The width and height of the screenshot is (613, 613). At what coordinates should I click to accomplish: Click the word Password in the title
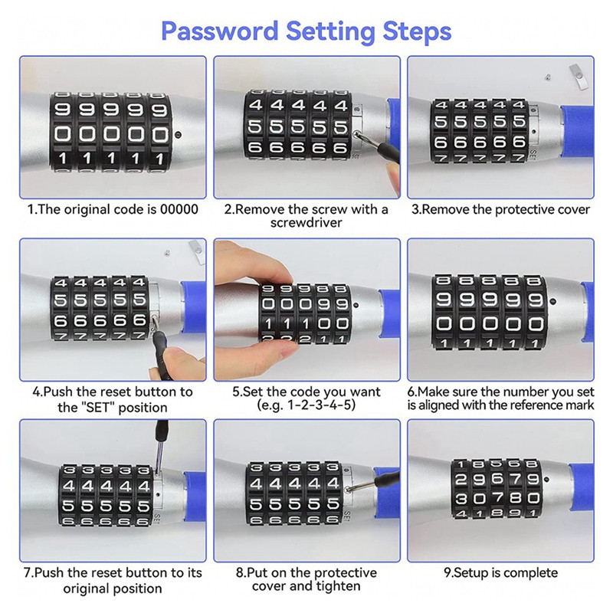tap(219, 31)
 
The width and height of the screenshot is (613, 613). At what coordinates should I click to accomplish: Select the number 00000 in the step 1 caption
tap(179, 209)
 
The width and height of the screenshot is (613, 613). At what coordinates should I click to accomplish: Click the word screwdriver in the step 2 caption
tap(306, 222)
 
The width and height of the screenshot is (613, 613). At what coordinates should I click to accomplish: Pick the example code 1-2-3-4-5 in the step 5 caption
tap(321, 405)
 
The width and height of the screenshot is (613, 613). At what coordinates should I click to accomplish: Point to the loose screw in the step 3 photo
tap(549, 78)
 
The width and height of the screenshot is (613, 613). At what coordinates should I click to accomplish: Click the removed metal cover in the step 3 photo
tap(579, 77)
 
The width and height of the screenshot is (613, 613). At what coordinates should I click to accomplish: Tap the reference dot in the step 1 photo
tap(179, 135)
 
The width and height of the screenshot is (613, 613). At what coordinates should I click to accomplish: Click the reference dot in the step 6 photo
tap(552, 302)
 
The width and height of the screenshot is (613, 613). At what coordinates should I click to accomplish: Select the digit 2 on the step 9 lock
tap(461, 480)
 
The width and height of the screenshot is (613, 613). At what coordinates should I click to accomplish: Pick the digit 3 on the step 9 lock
tap(461, 499)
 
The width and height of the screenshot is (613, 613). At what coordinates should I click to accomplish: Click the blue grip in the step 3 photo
tap(577, 130)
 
